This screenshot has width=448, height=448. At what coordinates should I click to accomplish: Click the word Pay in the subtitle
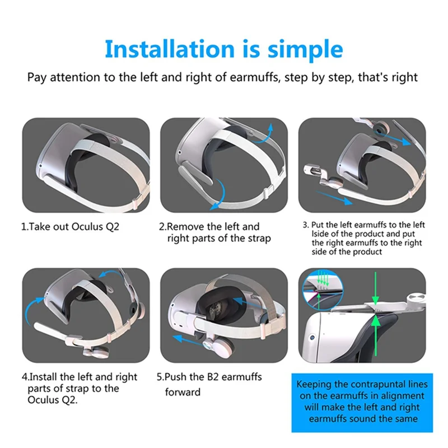(x=37, y=77)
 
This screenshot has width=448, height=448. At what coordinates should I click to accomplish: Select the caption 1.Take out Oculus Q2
(x=70, y=227)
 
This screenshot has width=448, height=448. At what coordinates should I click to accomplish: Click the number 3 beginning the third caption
(x=305, y=225)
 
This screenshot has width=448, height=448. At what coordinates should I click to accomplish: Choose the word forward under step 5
(x=183, y=392)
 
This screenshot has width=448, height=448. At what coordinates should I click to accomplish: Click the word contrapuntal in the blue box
(x=380, y=385)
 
